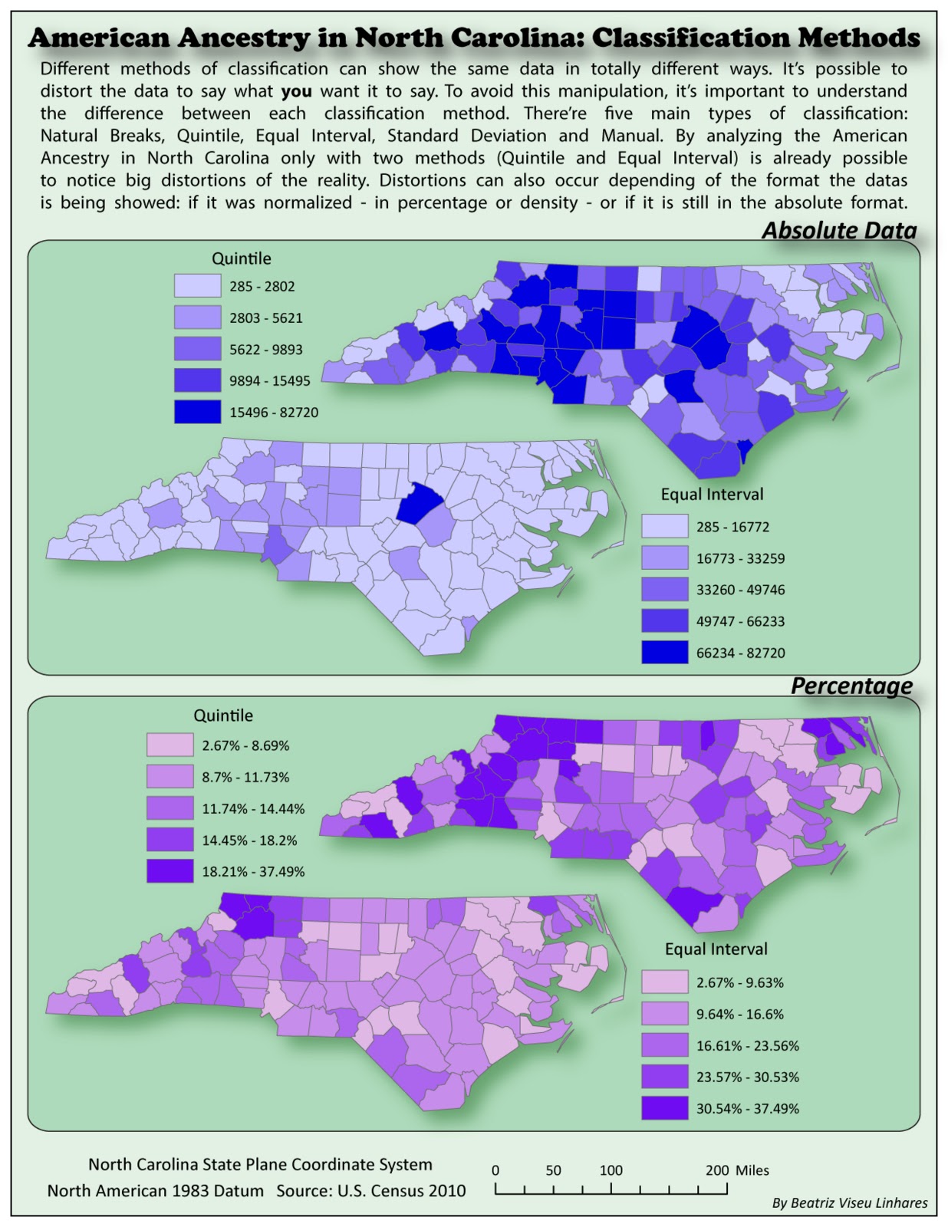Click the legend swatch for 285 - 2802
coord(197,286)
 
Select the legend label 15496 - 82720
coord(273,413)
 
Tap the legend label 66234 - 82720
coord(740,653)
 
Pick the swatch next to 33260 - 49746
coord(664,590)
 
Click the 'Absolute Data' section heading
coord(838,230)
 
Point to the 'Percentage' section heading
coord(851,685)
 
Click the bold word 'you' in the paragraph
coord(296,91)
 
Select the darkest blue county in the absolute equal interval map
coord(416,503)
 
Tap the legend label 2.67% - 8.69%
coord(245,745)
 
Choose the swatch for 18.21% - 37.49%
coord(170,871)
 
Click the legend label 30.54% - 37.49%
coord(747,1108)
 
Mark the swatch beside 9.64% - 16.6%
coord(664,1014)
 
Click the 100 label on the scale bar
coord(611,1170)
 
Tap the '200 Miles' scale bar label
coord(736,1170)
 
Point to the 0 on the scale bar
coord(495,1170)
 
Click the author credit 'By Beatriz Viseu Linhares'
coord(849,1202)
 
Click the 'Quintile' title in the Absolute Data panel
coord(241,258)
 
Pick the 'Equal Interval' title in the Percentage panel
coord(716,949)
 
